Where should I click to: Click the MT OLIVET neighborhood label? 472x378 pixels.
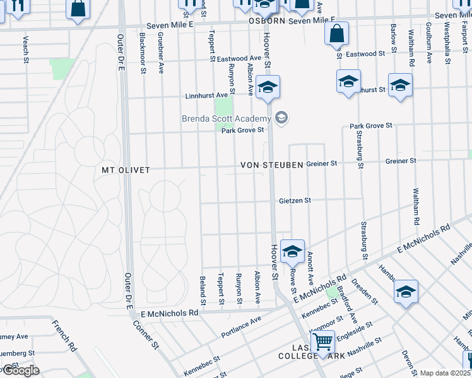pos(126,170)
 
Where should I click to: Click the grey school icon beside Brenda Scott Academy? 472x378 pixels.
pos(281,117)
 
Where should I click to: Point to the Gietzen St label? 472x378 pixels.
pos(295,201)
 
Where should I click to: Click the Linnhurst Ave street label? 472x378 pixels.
pos(206,96)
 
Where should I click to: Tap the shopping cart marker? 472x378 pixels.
pos(322,342)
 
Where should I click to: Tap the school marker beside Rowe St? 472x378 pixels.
pos(292,251)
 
